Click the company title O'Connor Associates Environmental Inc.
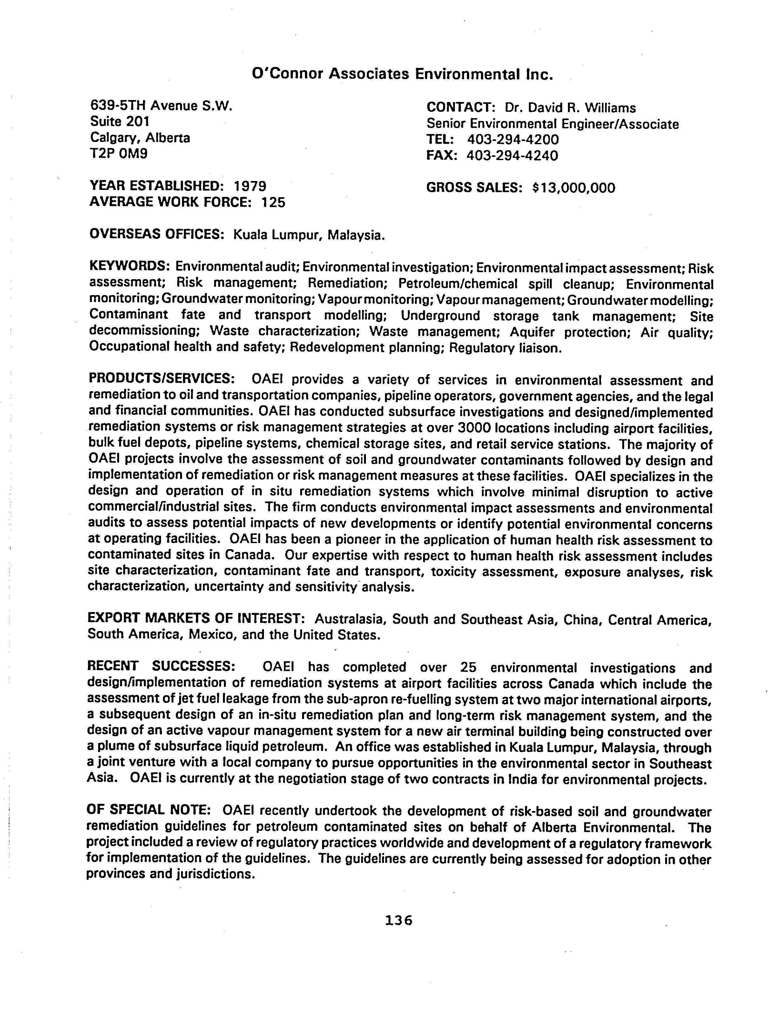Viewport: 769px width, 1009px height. point(402,74)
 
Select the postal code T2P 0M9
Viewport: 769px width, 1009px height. point(118,153)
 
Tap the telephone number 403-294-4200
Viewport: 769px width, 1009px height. point(513,139)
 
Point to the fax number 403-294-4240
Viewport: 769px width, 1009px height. point(512,156)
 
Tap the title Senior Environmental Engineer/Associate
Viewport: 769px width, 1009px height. point(552,124)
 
